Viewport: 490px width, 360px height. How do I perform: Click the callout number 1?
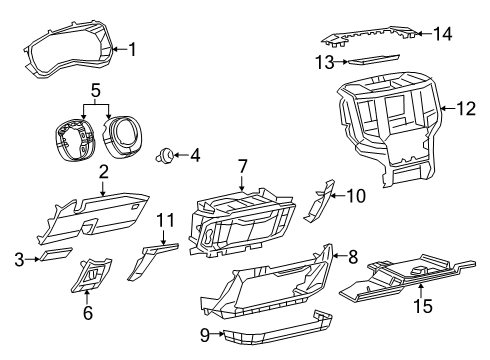pyautogui.click(x=132, y=48)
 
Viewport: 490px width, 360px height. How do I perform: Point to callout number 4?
pyautogui.click(x=195, y=155)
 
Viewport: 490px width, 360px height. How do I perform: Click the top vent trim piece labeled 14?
pyautogui.click(x=370, y=36)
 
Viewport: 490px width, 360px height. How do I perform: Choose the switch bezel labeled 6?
pyautogui.click(x=95, y=275)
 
